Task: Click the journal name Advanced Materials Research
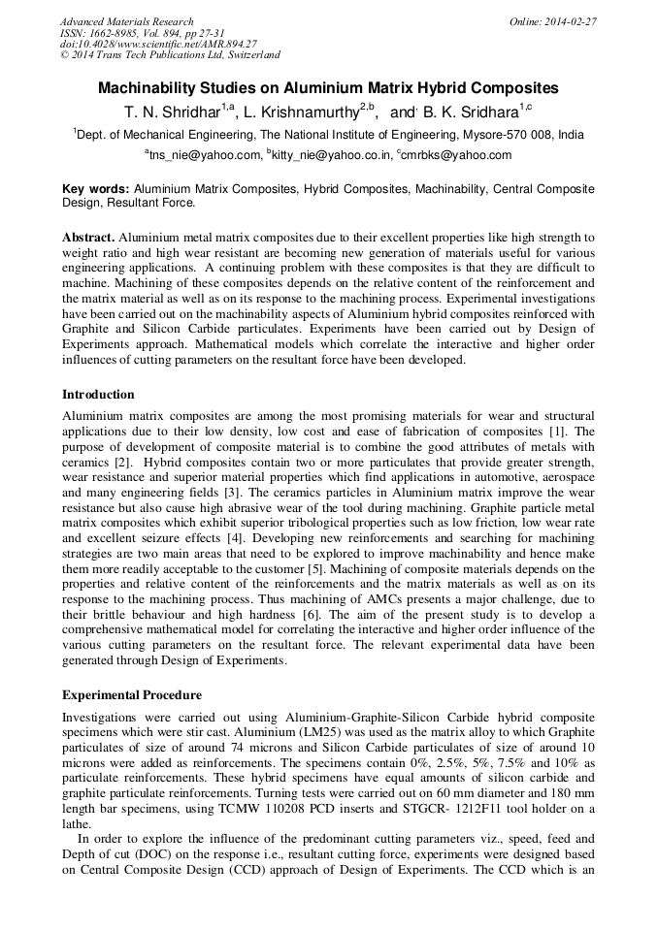point(126,21)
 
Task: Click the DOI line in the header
point(158,44)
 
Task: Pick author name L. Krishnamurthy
point(297,112)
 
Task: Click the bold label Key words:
point(96,189)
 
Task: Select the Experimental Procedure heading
point(132,694)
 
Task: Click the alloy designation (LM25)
point(292,731)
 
